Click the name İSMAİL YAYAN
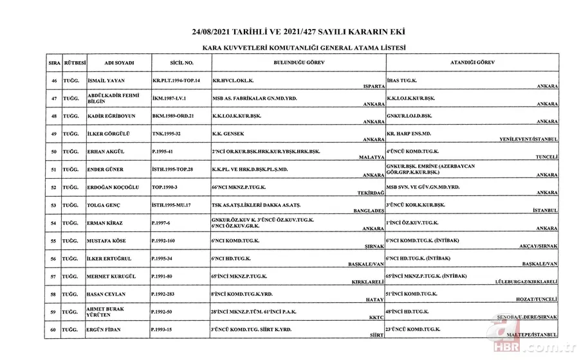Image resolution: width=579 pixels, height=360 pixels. (x=106, y=81)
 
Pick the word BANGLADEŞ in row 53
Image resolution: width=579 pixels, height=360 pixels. (x=369, y=210)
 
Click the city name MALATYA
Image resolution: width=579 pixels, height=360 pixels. (x=371, y=156)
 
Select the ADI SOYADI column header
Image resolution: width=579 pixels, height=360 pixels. (x=118, y=63)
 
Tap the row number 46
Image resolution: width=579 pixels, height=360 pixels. (x=54, y=81)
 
